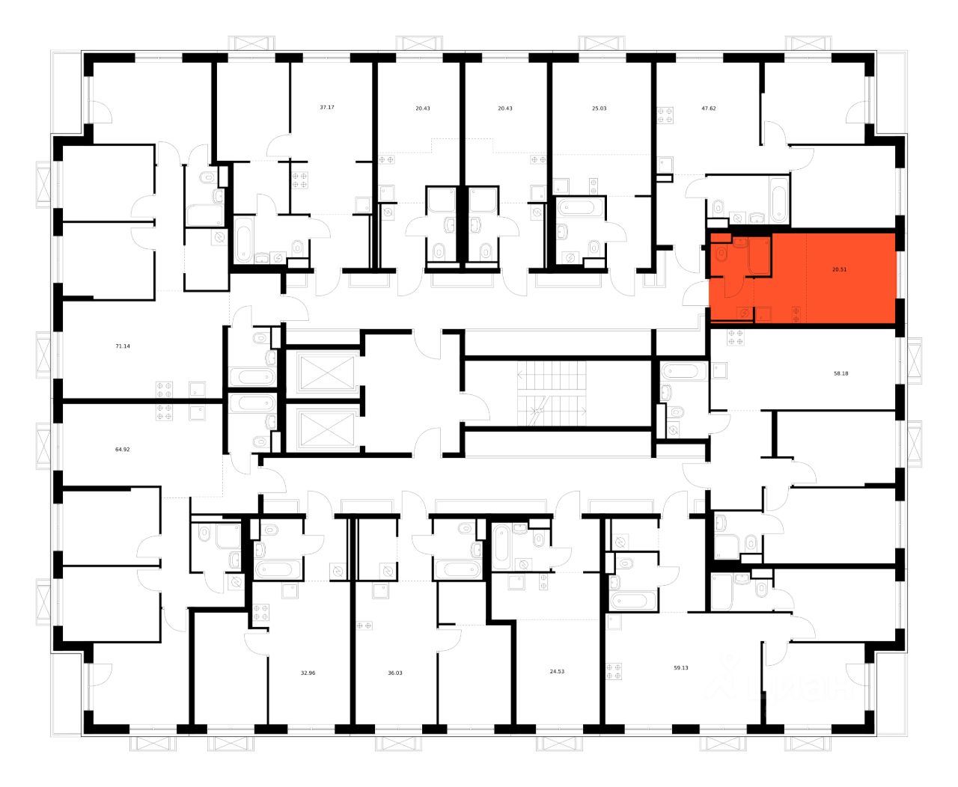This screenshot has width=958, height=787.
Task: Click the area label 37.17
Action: pos(326,108)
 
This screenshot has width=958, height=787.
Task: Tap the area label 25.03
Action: pos(599,108)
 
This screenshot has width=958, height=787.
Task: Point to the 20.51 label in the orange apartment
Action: pos(839,270)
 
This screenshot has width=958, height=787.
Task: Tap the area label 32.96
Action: pos(308,673)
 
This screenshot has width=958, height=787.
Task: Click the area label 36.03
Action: pos(394,673)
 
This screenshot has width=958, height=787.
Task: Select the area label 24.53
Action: pos(557,672)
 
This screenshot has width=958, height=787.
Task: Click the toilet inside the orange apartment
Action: pos(721,253)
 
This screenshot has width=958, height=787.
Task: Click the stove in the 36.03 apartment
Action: pos(365,625)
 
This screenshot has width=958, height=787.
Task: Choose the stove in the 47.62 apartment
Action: pos(665,114)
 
